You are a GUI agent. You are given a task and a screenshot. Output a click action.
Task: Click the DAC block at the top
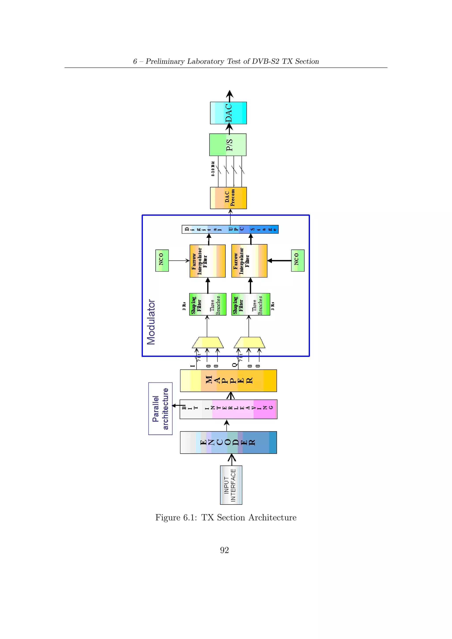(x=228, y=113)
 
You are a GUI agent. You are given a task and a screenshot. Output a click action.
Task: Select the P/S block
(x=228, y=145)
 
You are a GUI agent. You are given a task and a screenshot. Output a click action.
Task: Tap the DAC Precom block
(x=228, y=198)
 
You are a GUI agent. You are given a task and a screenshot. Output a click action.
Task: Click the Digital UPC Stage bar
(x=230, y=229)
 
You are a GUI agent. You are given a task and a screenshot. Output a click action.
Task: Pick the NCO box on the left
(x=162, y=261)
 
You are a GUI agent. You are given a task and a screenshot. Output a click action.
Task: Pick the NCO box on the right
(x=298, y=261)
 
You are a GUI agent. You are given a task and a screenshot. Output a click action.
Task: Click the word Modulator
(x=151, y=322)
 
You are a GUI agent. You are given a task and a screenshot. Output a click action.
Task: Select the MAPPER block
(x=228, y=380)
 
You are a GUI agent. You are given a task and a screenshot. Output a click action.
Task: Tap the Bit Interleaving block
(x=228, y=409)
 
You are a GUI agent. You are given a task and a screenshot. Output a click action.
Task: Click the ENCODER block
(x=228, y=443)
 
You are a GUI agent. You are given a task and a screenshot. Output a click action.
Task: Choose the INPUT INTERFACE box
(x=231, y=485)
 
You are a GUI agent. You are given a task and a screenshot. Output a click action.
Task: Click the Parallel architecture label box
(x=160, y=409)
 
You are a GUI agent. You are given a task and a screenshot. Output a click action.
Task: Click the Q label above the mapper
(x=235, y=365)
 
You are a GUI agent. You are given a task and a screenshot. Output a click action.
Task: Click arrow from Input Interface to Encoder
(x=232, y=459)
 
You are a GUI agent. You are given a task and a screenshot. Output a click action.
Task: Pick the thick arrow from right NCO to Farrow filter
(x=279, y=261)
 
